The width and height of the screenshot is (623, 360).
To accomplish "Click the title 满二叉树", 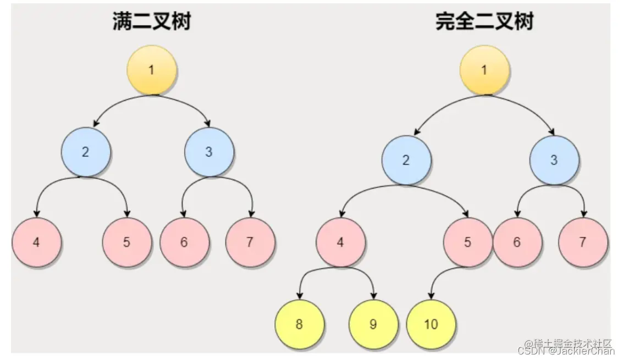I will click(151, 21).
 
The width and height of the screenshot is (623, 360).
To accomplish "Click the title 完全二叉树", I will click(484, 21).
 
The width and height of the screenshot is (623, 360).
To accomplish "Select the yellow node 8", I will click(299, 324).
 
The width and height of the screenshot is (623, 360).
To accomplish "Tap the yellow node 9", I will click(373, 324).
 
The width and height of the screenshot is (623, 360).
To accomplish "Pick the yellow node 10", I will click(431, 324).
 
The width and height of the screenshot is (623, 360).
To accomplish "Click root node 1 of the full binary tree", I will click(151, 70).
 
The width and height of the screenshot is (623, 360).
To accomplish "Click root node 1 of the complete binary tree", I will click(484, 70).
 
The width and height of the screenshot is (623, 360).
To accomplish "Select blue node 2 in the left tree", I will click(85, 152).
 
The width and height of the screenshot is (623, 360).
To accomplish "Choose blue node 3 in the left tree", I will click(209, 152).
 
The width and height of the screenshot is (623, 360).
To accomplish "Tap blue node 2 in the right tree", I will click(406, 160).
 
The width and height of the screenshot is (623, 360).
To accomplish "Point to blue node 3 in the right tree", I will click(554, 160).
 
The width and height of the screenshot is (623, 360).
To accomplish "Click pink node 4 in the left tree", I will click(36, 242).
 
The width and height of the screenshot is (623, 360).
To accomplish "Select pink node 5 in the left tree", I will click(126, 242).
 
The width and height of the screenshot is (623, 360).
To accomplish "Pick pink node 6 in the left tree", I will click(184, 242).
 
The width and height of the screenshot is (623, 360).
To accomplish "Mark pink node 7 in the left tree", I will click(250, 242).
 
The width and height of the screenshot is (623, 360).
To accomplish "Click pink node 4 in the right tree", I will click(340, 242).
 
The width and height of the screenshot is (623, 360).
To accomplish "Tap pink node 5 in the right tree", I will click(467, 242).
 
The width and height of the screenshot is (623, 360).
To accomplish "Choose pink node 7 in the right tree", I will click(583, 242).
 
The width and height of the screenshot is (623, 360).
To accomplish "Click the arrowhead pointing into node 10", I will click(431, 296).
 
